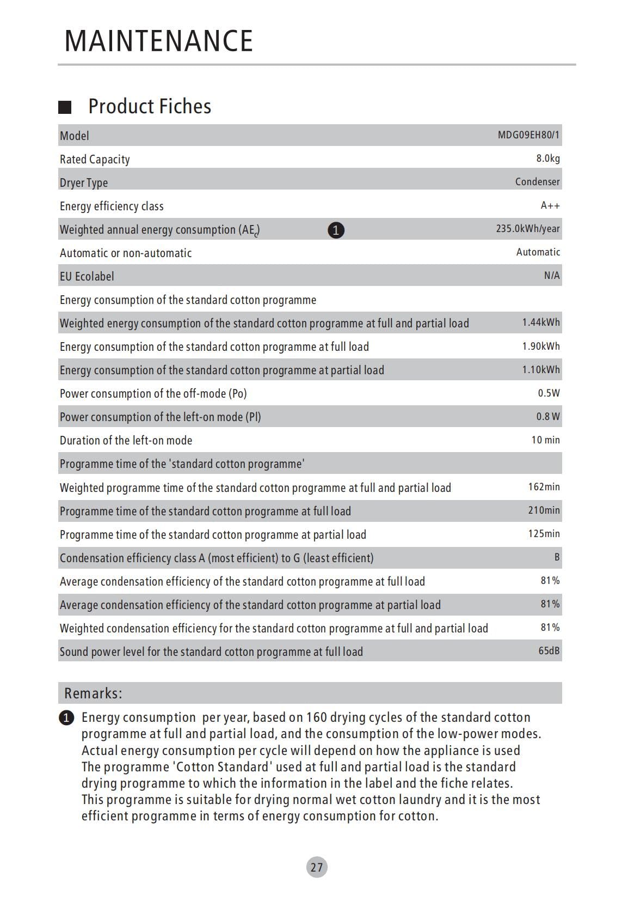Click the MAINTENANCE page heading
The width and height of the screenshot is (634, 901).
(x=158, y=41)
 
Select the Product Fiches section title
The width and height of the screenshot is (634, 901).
(x=150, y=106)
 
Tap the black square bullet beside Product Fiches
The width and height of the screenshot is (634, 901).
(x=65, y=107)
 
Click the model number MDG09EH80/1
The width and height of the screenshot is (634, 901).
(x=528, y=135)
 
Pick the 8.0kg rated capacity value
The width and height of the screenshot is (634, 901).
(x=547, y=159)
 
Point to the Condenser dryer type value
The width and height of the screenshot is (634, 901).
(x=537, y=182)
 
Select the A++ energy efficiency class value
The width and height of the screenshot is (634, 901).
(x=550, y=205)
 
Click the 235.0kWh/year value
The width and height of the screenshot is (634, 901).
(x=527, y=229)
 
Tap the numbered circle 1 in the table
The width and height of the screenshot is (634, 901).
(x=336, y=230)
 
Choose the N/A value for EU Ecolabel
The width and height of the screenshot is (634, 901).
(x=551, y=276)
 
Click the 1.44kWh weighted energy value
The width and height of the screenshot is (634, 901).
(x=540, y=322)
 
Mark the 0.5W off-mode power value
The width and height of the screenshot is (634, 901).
(x=549, y=393)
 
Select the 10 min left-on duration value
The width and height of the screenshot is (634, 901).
(x=545, y=440)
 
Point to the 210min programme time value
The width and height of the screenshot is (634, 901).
(x=544, y=510)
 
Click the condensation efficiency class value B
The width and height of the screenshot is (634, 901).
(x=557, y=557)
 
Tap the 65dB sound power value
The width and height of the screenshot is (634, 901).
(x=549, y=650)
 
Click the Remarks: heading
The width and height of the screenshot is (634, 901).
(x=93, y=693)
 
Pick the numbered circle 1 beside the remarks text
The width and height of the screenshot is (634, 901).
(x=66, y=718)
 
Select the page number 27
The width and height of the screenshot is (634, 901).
(x=317, y=867)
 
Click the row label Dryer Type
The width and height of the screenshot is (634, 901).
(x=84, y=182)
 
